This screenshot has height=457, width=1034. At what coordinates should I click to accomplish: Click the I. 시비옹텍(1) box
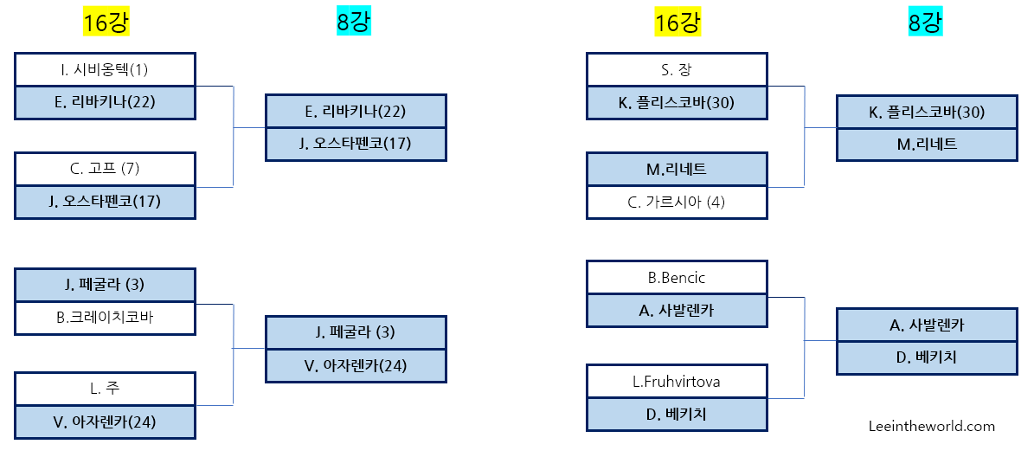pos(105,69)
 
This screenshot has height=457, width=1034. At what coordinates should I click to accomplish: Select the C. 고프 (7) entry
pos(105,169)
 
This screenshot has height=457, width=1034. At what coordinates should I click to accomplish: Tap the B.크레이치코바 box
pos(105,317)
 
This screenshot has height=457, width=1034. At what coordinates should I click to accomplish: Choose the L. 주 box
pos(105,389)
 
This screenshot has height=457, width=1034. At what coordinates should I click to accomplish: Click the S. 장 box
pos(677,69)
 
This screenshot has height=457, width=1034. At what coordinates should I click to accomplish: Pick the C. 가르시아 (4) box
pos(677,202)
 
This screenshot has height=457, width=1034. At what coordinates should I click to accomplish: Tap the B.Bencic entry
pos(677,278)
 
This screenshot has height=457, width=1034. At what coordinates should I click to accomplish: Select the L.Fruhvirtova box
pos(677,382)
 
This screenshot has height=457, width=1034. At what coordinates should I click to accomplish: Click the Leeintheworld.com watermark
pos(932,426)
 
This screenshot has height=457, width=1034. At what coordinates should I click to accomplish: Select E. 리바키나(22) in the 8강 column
pos(356,111)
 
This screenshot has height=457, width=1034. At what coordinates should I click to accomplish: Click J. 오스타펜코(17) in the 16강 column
pos(105,202)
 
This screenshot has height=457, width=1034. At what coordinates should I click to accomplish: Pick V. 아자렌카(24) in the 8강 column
pos(356,365)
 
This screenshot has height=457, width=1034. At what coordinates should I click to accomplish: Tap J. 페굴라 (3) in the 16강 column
pos(105,285)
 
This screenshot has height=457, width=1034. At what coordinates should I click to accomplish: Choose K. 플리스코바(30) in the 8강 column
pos(927,112)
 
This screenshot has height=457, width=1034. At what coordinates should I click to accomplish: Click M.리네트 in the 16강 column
pos(677,169)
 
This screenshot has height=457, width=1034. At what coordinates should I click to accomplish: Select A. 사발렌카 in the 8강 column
pos(927,325)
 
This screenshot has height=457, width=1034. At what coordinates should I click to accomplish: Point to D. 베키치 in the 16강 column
pos(677,414)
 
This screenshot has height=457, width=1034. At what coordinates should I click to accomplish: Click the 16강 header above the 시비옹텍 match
pos(106,23)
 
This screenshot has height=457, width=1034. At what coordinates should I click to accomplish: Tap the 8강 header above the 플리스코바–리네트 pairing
pos(925,23)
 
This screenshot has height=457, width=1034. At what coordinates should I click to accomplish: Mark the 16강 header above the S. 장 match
pos(678,23)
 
